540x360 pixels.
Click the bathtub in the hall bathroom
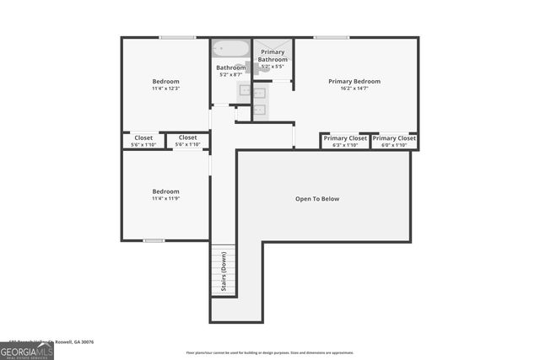click(230, 49)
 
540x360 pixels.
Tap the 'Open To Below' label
click(317, 199)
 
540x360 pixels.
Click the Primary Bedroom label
click(354, 82)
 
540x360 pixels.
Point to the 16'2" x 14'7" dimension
click(354, 89)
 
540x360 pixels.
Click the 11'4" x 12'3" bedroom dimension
click(165, 89)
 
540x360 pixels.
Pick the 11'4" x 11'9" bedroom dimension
click(165, 198)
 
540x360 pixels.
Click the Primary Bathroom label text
click(273, 56)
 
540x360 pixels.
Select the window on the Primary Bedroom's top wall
click(332, 37)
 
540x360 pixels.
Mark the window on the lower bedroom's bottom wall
click(154, 240)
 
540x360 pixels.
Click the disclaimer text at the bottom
click(270, 352)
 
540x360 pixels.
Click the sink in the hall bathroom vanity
click(244, 89)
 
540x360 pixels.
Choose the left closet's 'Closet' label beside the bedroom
click(143, 137)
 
